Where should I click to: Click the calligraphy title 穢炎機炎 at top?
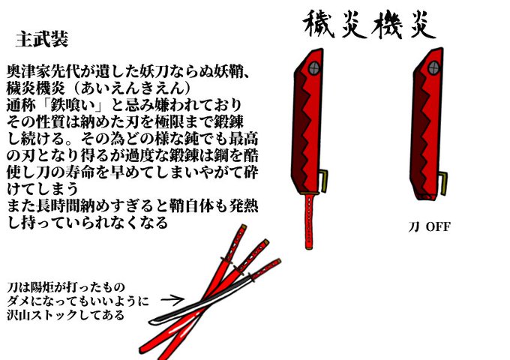[x=369, y=25]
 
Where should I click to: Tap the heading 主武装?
[x=42, y=39]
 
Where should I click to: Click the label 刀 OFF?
[x=429, y=226]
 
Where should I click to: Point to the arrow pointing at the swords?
[x=172, y=299]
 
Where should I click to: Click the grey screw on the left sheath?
[x=313, y=68]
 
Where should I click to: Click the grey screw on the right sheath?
[x=433, y=68]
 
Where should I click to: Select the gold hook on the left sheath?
[x=324, y=181]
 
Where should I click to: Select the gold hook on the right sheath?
[x=443, y=184]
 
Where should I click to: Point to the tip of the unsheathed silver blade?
[x=149, y=322]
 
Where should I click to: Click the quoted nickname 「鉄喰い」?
[x=73, y=105]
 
